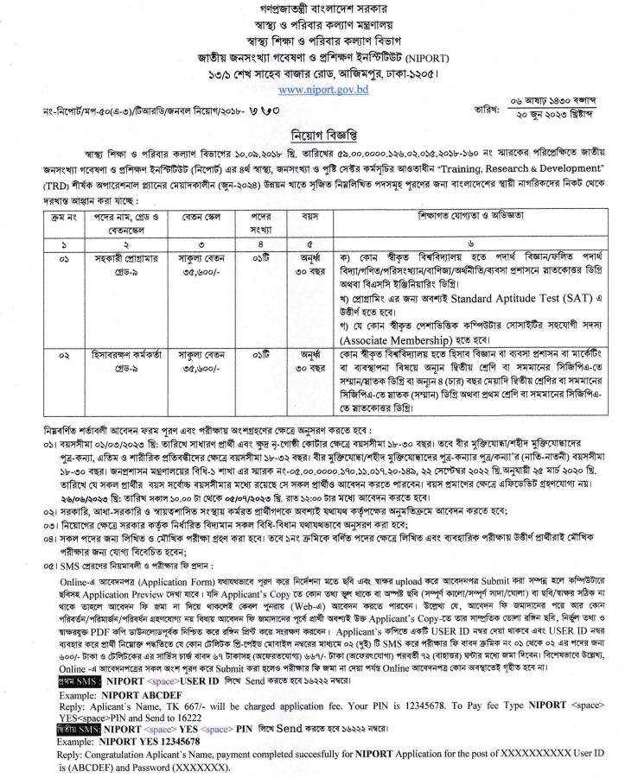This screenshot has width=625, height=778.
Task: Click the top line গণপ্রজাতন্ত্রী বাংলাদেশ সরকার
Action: (x=311, y=9)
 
